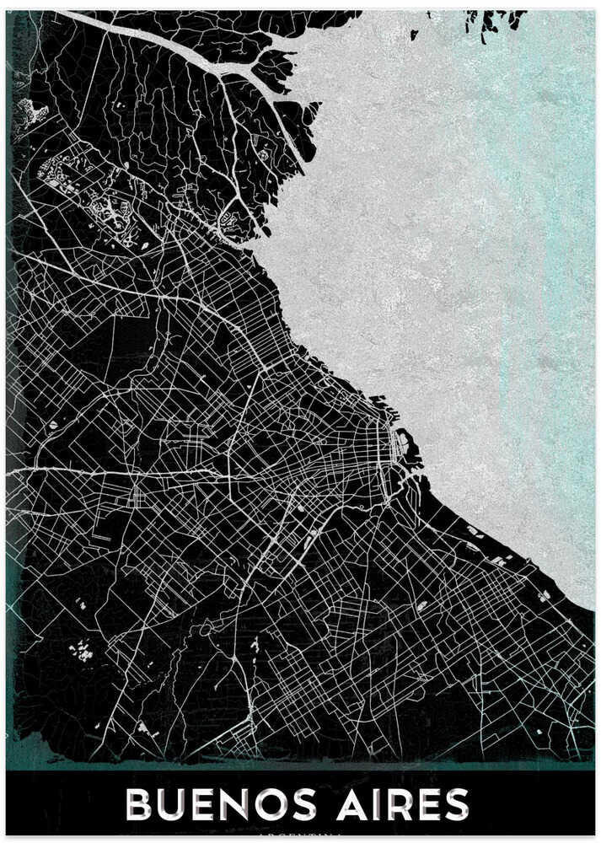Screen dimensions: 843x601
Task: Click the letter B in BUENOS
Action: tap(141, 806)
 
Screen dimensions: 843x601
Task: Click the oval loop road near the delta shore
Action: tap(228, 223)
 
